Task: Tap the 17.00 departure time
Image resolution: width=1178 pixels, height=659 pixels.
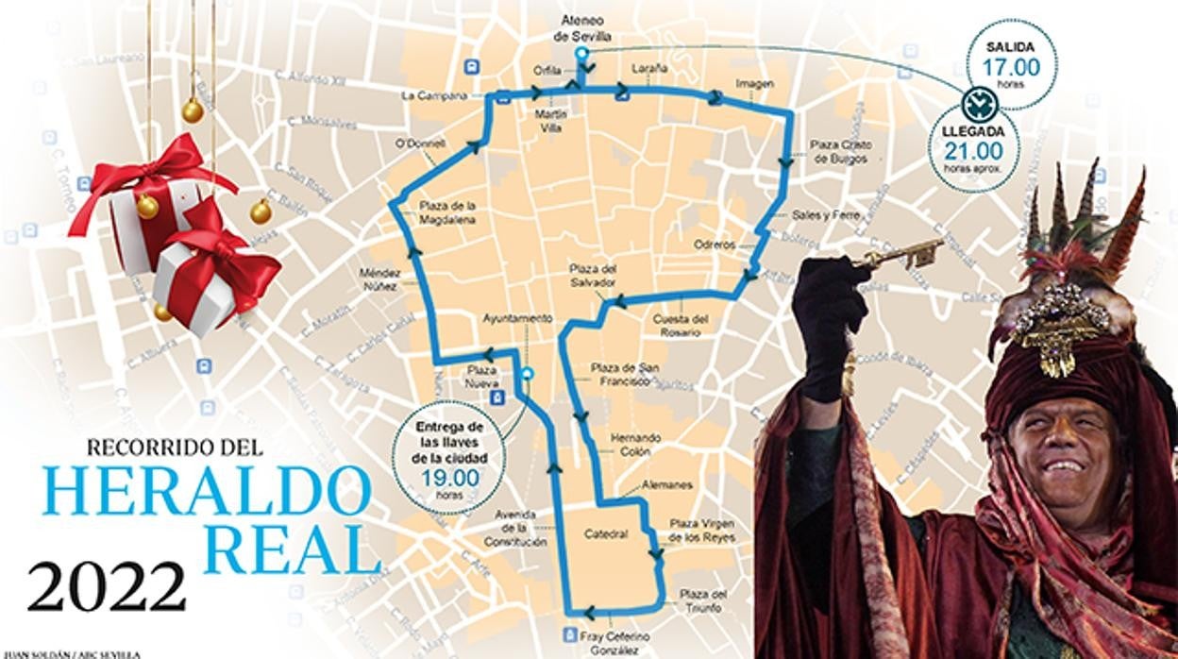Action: pyautogui.click(x=1011, y=67)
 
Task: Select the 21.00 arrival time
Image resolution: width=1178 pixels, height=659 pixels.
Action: pyautogui.click(x=973, y=150)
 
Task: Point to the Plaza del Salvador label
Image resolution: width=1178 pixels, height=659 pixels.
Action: pyautogui.click(x=593, y=275)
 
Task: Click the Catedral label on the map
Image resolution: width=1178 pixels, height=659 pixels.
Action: pyautogui.click(x=606, y=534)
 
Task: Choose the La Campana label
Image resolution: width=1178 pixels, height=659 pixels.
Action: pyautogui.click(x=434, y=95)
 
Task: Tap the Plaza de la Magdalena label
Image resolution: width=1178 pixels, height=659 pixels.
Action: pyautogui.click(x=448, y=212)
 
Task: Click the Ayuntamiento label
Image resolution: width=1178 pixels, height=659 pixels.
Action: pyautogui.click(x=516, y=318)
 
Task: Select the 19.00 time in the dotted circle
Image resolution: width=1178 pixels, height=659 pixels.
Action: pyautogui.click(x=450, y=478)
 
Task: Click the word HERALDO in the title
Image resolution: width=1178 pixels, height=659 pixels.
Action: pyautogui.click(x=207, y=491)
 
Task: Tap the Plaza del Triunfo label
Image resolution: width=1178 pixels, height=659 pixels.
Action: pyautogui.click(x=703, y=600)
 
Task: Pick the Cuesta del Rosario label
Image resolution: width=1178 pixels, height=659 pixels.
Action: pyautogui.click(x=678, y=326)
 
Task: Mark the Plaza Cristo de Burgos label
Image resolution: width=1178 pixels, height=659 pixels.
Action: pyautogui.click(x=841, y=152)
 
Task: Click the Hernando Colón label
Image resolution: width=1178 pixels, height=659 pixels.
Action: pyautogui.click(x=635, y=445)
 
